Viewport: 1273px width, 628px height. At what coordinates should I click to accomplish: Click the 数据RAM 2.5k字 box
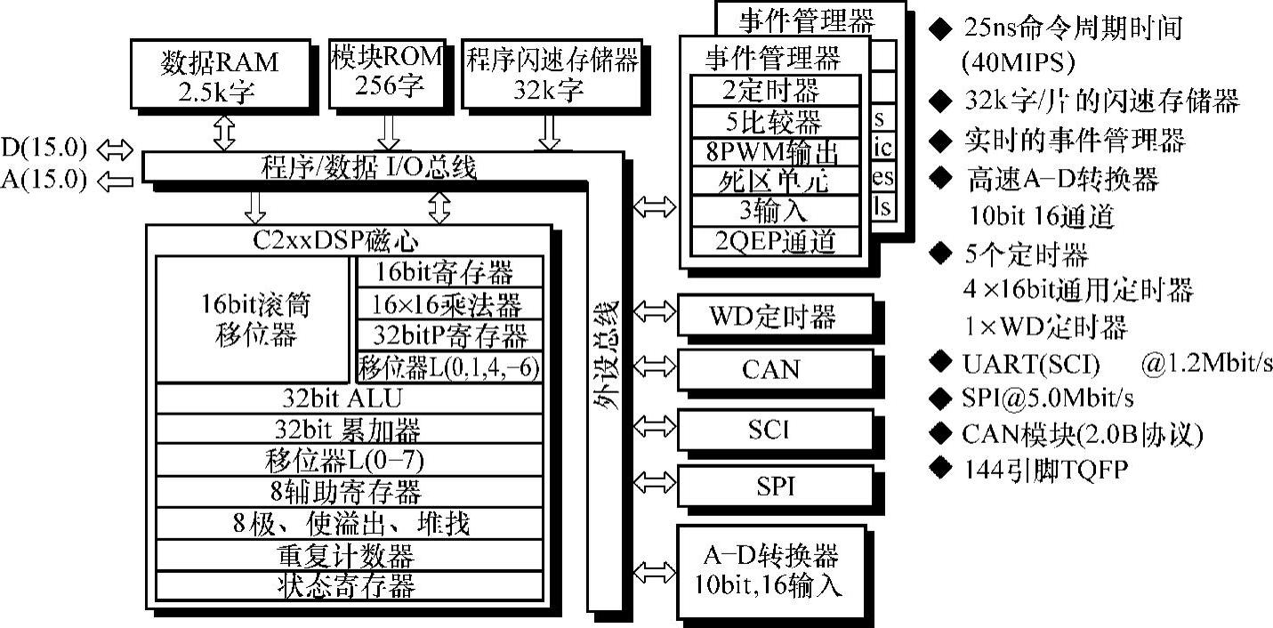(219, 76)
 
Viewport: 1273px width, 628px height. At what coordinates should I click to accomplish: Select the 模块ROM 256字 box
(386, 71)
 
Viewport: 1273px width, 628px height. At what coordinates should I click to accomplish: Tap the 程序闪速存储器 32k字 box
(552, 74)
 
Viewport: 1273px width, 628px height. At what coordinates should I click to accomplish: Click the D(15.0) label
(45, 147)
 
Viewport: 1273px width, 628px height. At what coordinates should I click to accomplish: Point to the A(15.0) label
(45, 181)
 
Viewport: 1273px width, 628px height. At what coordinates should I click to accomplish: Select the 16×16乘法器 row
(448, 304)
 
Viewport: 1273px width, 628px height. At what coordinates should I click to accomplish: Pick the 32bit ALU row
(350, 398)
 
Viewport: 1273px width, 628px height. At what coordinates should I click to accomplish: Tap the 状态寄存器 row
(350, 585)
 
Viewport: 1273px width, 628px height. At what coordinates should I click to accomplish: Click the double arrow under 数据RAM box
(223, 133)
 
